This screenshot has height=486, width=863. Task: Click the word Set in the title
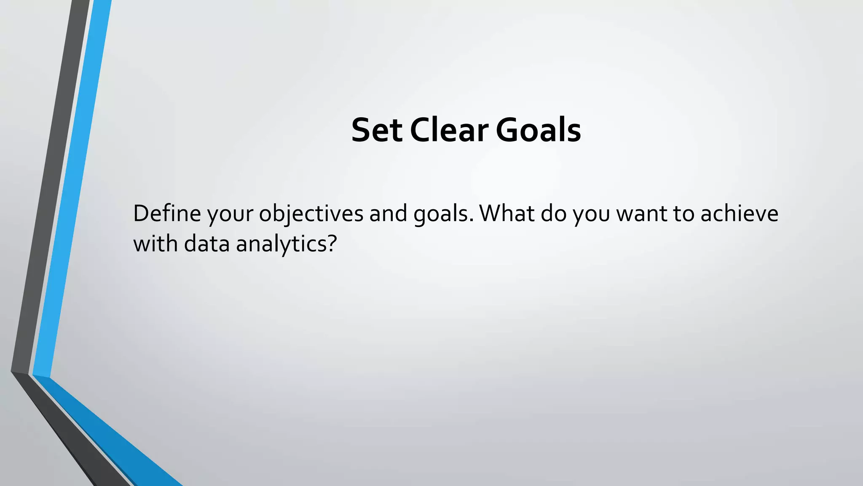pyautogui.click(x=376, y=130)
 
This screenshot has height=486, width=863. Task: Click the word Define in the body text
pyautogui.click(x=167, y=213)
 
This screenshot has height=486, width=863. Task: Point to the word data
pyautogui.click(x=206, y=244)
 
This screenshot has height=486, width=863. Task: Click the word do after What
pyautogui.click(x=554, y=213)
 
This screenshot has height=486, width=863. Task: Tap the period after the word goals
pyautogui.click(x=471, y=221)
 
